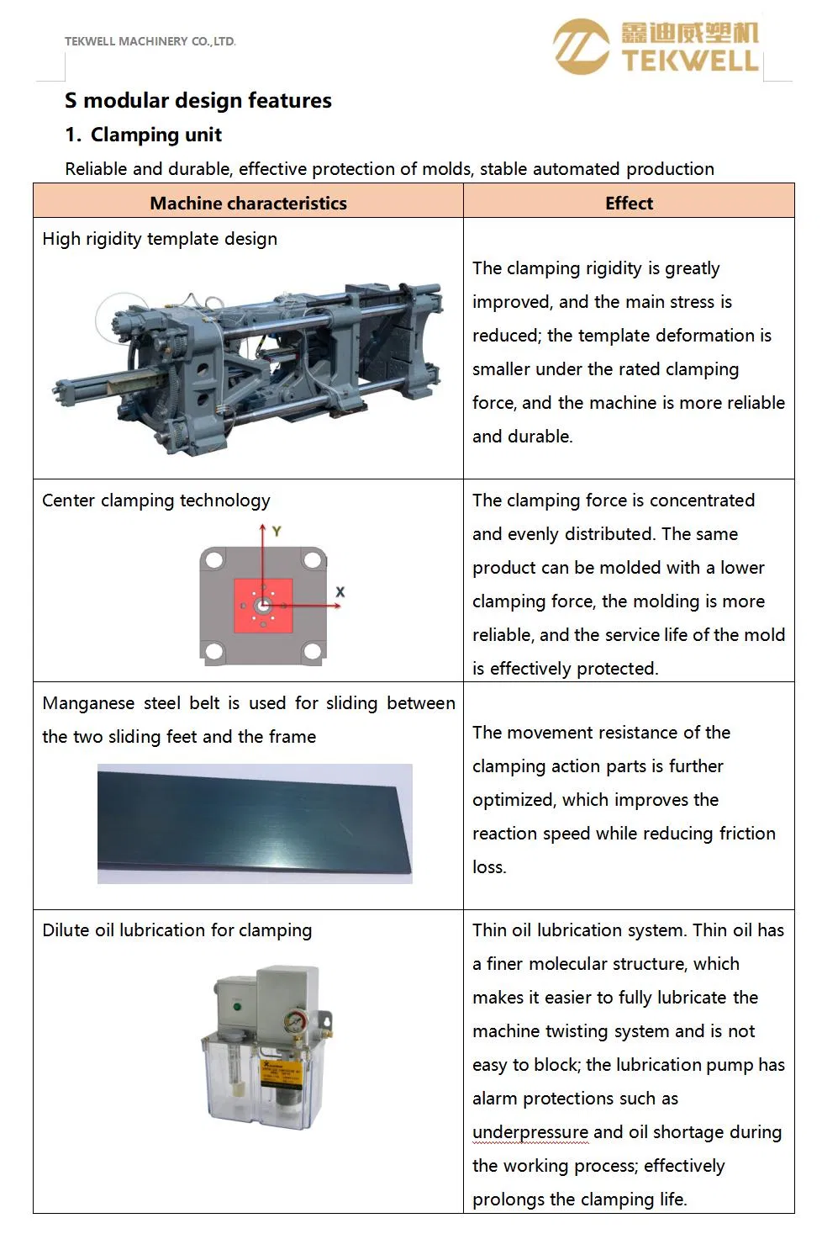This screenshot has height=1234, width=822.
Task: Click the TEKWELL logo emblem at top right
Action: pyautogui.click(x=581, y=47)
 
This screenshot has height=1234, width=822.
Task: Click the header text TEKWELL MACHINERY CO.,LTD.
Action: pyautogui.click(x=150, y=41)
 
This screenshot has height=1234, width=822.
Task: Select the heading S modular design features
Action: pyautogui.click(x=198, y=101)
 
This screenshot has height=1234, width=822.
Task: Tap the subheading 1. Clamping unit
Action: pyautogui.click(x=144, y=135)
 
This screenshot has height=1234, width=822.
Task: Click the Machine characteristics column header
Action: pyautogui.click(x=248, y=204)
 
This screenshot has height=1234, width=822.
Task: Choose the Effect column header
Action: pyautogui.click(x=629, y=204)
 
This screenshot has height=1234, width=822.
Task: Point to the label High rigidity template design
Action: pyautogui.click(x=160, y=239)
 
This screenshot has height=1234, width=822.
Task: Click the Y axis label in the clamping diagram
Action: pyautogui.click(x=277, y=532)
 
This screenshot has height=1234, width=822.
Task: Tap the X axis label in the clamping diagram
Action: pyautogui.click(x=340, y=592)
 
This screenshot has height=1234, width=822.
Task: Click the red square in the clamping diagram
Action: pyautogui.click(x=263, y=606)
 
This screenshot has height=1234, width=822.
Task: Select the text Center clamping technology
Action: pyautogui.click(x=156, y=500)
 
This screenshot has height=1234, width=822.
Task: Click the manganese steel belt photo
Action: pyautogui.click(x=255, y=824)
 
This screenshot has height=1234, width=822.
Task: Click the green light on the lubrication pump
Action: pyautogui.click(x=237, y=1006)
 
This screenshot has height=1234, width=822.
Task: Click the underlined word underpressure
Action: pyautogui.click(x=530, y=1132)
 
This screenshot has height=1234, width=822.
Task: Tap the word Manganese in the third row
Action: pyautogui.click(x=88, y=703)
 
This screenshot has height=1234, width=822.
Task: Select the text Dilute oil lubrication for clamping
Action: pyautogui.click(x=177, y=930)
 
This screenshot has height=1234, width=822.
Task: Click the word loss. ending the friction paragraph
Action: pyautogui.click(x=489, y=867)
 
